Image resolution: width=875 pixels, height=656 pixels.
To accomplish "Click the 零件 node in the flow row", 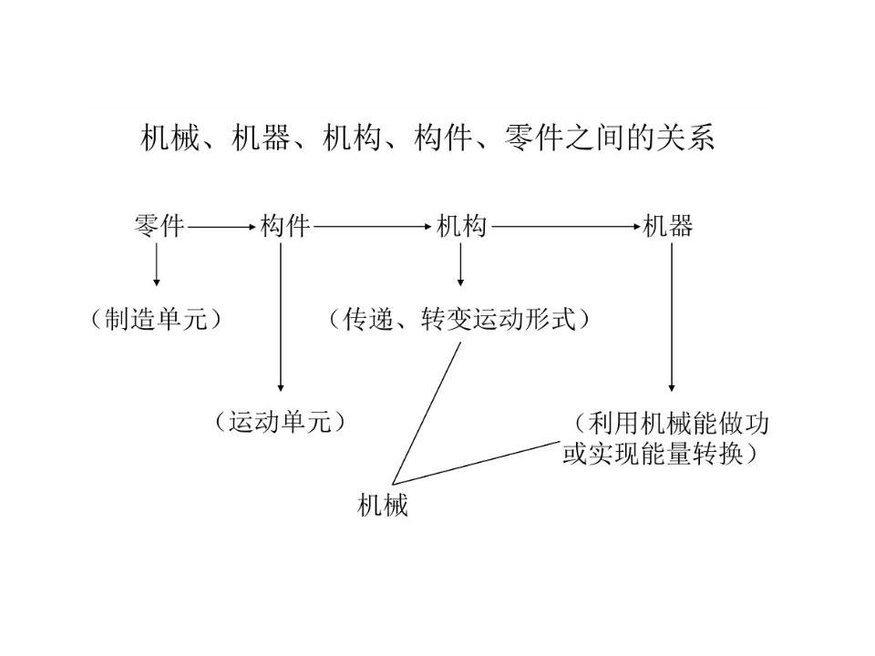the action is click(x=159, y=227).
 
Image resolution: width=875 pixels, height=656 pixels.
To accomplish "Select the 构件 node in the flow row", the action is click(x=284, y=227).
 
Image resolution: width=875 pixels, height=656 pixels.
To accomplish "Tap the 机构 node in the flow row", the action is click(x=461, y=227).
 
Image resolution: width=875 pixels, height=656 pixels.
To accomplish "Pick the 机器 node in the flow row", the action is click(x=667, y=227).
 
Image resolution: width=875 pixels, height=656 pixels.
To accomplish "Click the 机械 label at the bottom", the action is click(x=382, y=505).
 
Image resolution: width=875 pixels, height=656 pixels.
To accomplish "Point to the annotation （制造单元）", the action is click(x=156, y=320).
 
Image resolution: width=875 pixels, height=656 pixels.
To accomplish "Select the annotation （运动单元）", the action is click(x=280, y=422).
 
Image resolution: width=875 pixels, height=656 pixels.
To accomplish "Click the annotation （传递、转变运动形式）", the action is click(x=459, y=320).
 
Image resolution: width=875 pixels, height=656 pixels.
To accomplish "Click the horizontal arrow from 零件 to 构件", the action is click(x=221, y=227).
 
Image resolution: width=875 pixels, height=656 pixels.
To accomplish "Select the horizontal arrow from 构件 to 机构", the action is click(x=373, y=227).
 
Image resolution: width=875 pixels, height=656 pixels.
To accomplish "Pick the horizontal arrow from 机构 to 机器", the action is click(x=566, y=227).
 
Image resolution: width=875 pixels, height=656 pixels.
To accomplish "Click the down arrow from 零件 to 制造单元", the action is click(x=156, y=265).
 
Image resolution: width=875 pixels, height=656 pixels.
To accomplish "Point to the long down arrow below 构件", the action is click(x=281, y=317).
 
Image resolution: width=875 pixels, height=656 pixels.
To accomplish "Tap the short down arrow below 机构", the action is click(x=460, y=265).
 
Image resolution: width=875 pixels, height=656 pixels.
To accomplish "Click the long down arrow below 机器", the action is click(x=672, y=317).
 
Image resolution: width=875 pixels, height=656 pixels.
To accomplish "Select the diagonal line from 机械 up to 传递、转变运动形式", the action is click(x=427, y=413).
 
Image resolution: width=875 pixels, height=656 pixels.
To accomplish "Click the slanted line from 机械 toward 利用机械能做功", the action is click(x=476, y=463).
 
